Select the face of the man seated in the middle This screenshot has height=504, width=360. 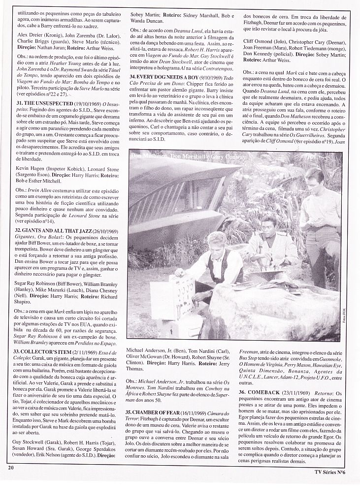[268, 226]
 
